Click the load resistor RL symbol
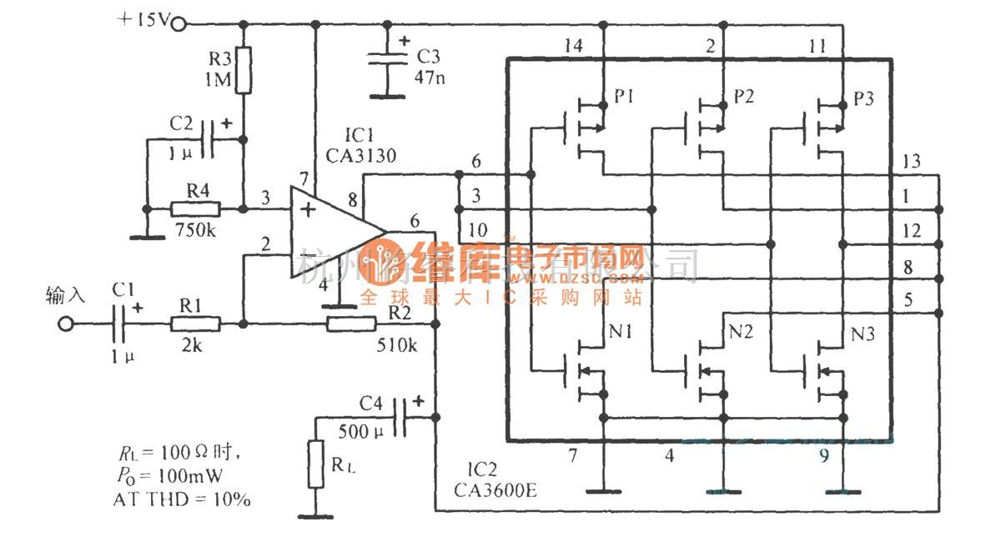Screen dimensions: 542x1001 point(315,464)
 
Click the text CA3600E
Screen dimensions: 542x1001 point(496,489)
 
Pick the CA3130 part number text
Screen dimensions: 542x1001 point(361,155)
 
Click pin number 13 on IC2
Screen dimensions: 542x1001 point(912,162)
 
